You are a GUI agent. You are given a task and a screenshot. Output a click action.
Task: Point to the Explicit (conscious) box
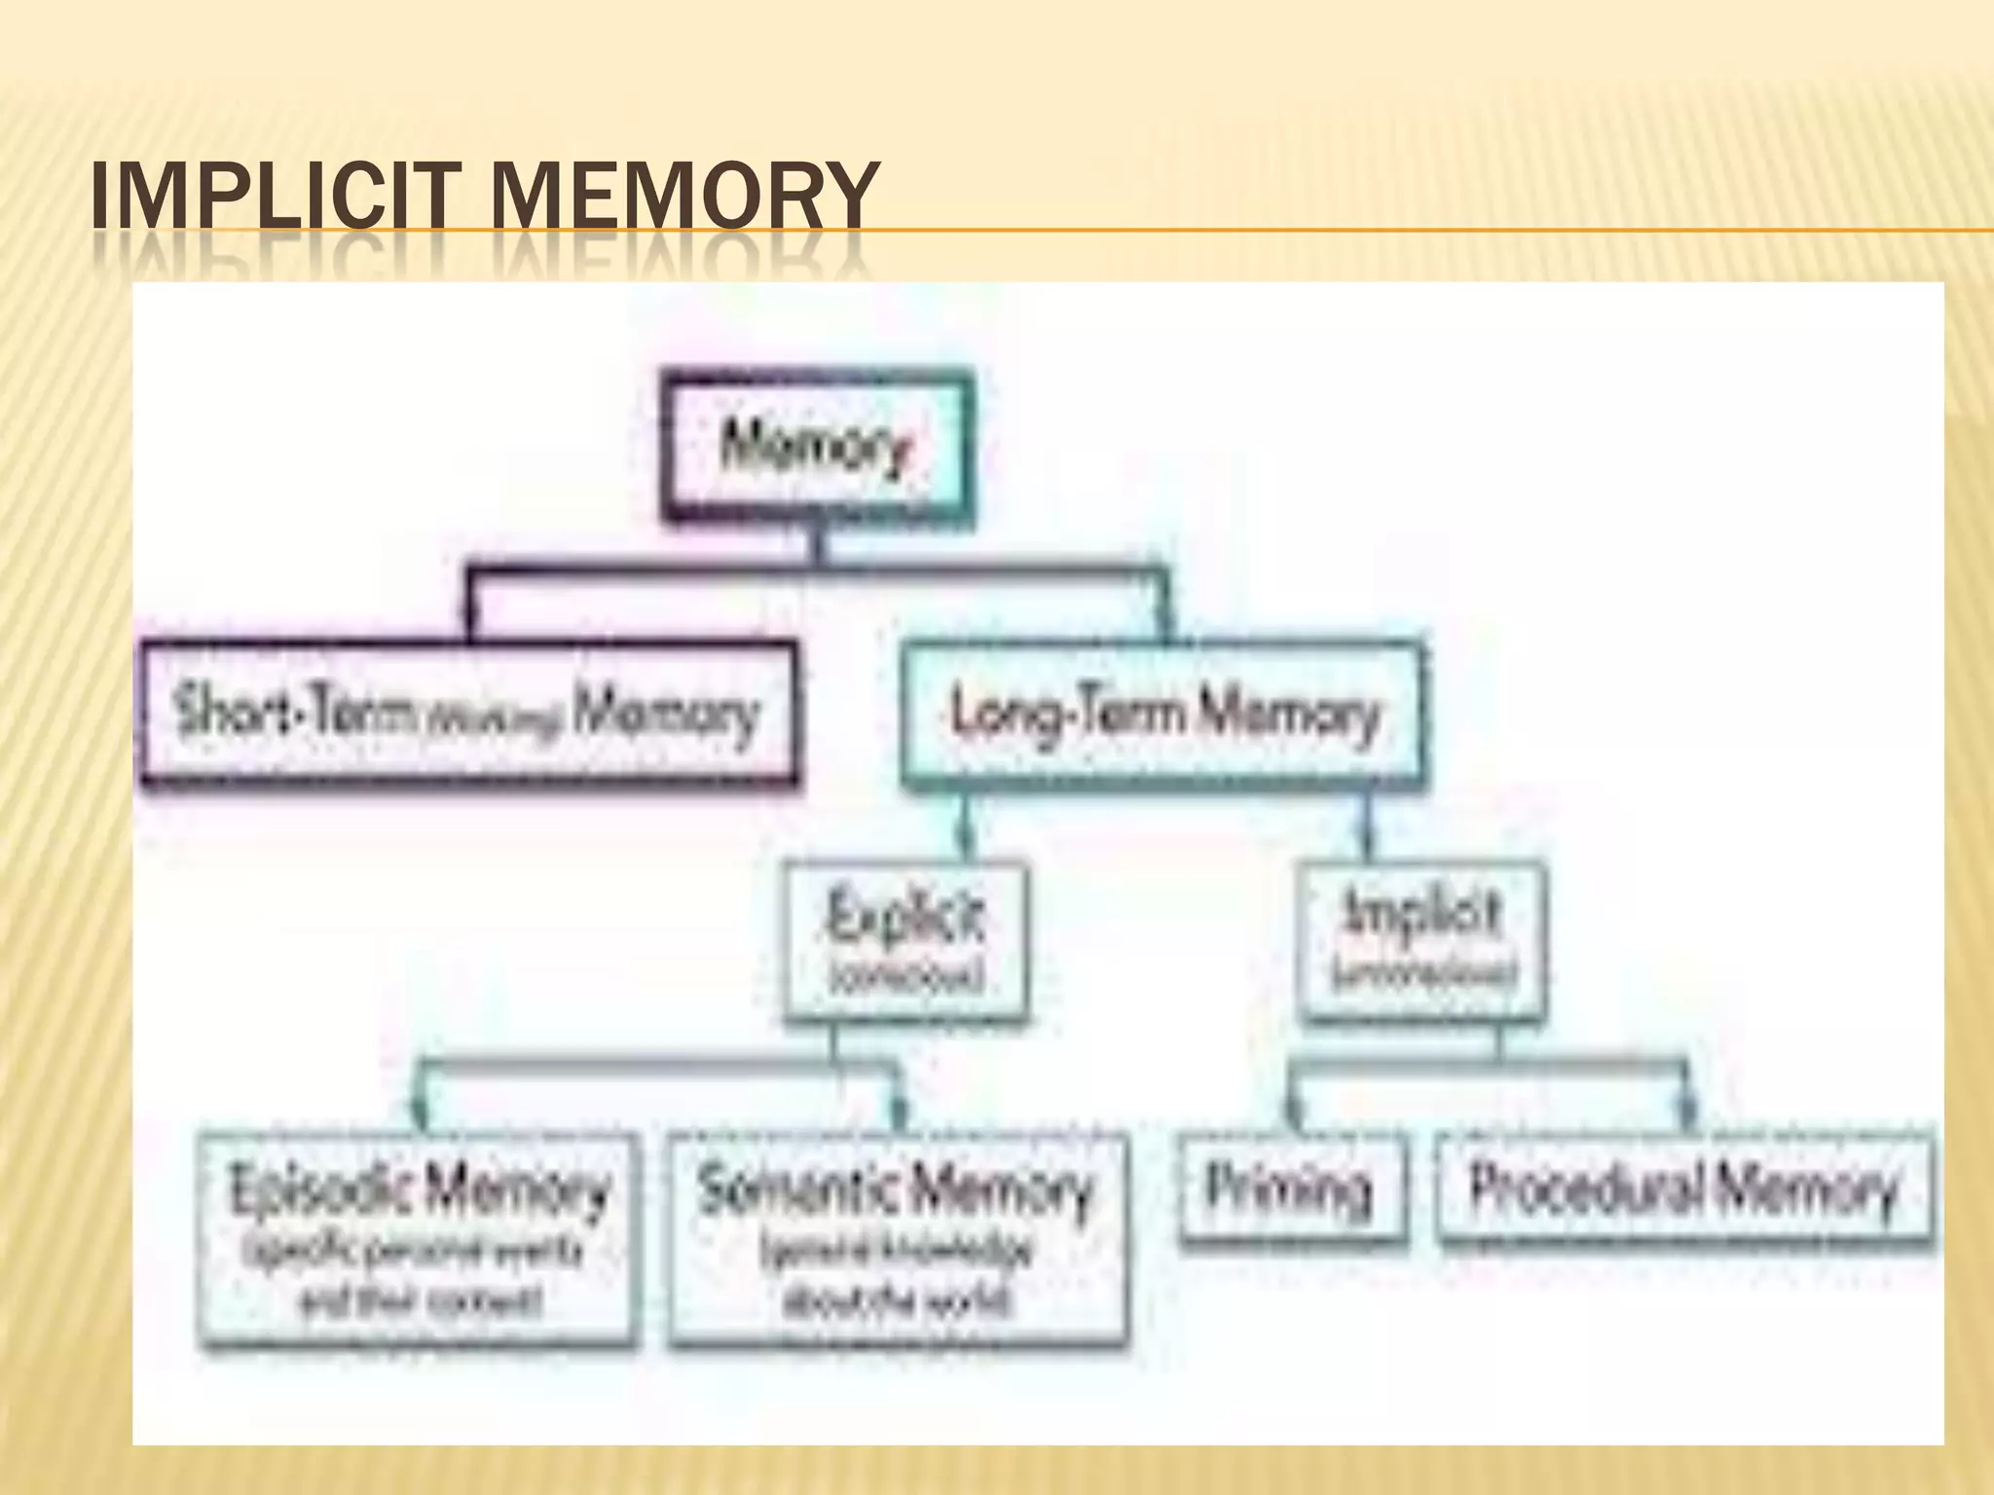pos(905,940)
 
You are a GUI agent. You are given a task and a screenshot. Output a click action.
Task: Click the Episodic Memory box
pos(419,1240)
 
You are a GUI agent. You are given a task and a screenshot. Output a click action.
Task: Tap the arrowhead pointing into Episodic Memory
pos(423,1115)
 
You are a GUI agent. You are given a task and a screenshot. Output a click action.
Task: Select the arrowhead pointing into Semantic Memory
pos(898,1115)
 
